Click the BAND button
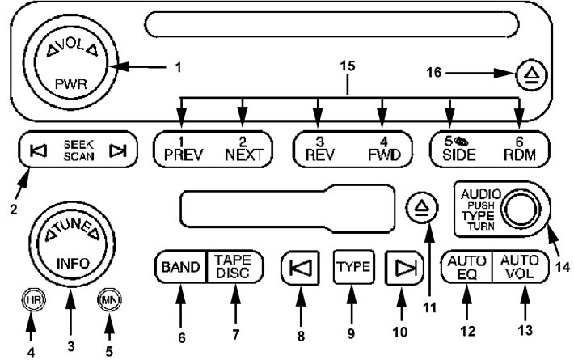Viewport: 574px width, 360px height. pos(180,266)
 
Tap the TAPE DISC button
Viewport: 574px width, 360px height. pos(234,266)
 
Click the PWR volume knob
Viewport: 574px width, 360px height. pos(61,61)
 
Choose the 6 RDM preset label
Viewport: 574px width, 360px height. pos(518,150)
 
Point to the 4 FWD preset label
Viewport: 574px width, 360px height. pos(382,150)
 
